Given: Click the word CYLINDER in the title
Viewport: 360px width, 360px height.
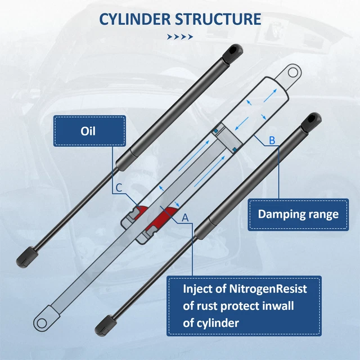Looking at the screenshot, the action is tap(135, 19).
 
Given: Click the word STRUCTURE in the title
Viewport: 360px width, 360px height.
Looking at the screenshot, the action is tap(218, 19).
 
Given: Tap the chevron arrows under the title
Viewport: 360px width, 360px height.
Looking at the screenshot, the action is tap(180, 37).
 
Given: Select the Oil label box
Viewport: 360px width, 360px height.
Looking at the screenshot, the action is tap(89, 131).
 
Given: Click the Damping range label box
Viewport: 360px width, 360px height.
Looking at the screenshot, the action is tap(298, 214).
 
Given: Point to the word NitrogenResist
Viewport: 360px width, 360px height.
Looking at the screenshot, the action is tap(268, 289).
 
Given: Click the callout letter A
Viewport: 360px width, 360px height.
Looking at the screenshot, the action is tap(185, 217).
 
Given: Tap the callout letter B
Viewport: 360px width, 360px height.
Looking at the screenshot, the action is tap(272, 140).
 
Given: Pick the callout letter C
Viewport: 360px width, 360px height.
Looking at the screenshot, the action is tap(119, 188).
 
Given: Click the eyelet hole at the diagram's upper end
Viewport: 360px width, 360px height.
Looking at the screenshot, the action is tap(292, 73).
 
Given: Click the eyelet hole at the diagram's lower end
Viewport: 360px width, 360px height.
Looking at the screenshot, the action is tap(42, 323).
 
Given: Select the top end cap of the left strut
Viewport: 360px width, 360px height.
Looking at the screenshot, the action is tap(232, 53).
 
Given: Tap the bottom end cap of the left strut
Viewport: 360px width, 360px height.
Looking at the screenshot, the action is tap(27, 257).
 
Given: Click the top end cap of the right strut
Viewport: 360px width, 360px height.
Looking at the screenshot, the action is tap(311, 122).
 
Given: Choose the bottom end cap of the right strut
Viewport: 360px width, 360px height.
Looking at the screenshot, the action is tap(106, 326).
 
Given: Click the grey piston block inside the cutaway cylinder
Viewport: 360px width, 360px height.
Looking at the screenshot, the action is tap(228, 138).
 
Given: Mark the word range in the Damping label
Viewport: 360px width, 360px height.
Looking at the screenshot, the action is tap(323, 215).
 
